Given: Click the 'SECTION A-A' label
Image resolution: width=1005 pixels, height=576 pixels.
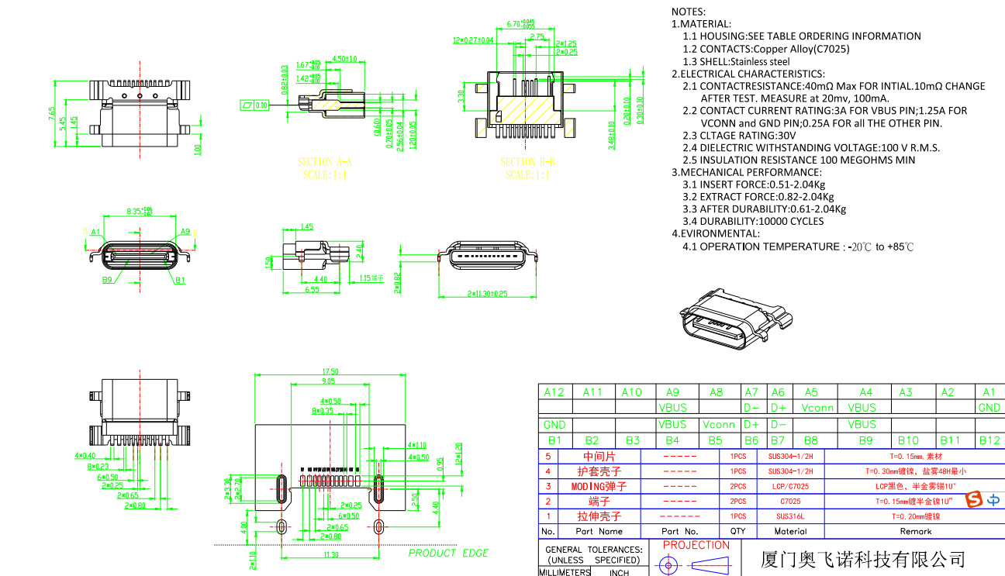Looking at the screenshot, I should pyautogui.click(x=324, y=162).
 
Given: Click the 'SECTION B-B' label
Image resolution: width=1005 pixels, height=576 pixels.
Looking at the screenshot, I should pyautogui.click(x=527, y=162).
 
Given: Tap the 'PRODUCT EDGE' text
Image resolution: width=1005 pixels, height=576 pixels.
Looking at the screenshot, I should pyautogui.click(x=448, y=553).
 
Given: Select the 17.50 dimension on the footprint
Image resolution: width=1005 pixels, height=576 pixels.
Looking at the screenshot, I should pyautogui.click(x=330, y=371).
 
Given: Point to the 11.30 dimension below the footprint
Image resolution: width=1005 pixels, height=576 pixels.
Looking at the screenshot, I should pyautogui.click(x=330, y=555).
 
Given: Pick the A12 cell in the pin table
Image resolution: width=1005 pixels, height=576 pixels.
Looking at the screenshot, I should pyautogui.click(x=554, y=392).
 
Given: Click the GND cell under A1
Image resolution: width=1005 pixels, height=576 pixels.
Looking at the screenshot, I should pyautogui.click(x=989, y=407).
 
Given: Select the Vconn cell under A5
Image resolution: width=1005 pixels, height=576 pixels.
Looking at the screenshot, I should pyautogui.click(x=817, y=407).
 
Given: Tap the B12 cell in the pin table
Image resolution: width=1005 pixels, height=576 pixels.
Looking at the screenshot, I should pyautogui.click(x=989, y=440).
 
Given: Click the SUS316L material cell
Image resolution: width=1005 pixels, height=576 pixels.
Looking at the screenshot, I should pyautogui.click(x=791, y=516).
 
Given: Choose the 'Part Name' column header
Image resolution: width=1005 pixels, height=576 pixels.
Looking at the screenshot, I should pyautogui.click(x=599, y=532).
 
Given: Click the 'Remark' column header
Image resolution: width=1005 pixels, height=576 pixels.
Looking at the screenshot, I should pyautogui.click(x=915, y=532).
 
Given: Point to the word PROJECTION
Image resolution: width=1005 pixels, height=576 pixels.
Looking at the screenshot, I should pyautogui.click(x=696, y=545).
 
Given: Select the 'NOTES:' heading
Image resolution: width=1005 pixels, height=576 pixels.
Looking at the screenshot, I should pyautogui.click(x=689, y=12).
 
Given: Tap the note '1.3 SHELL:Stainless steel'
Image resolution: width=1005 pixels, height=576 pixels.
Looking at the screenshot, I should pyautogui.click(x=736, y=61).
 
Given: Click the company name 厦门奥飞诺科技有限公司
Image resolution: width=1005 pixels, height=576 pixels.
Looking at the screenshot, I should pyautogui.click(x=853, y=559).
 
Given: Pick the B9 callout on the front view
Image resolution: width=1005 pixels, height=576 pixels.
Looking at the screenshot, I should pyautogui.click(x=107, y=279).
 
